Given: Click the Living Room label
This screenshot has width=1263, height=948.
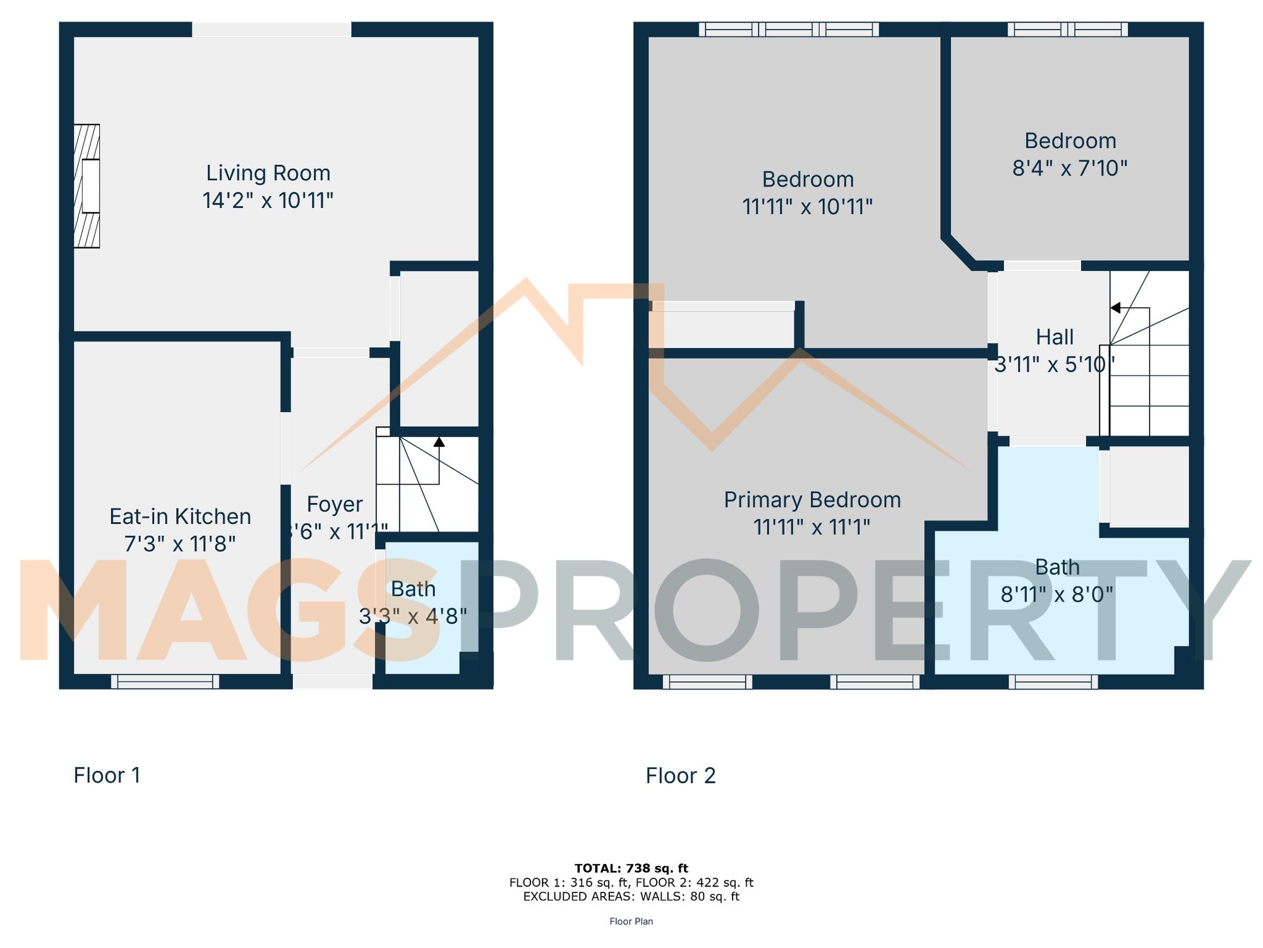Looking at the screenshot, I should [268, 173].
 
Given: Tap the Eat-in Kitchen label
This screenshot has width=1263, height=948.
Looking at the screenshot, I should [180, 516].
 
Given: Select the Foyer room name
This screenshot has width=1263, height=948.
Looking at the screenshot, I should [334, 504].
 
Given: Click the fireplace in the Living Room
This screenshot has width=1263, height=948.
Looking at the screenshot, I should [87, 186].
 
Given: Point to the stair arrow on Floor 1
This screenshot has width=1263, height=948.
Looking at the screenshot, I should [439, 442].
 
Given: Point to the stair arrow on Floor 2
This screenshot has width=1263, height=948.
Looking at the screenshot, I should [1115, 308].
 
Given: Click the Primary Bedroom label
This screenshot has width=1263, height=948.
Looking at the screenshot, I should [812, 500].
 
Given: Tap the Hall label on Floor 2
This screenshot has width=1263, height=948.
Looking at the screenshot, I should [1055, 337].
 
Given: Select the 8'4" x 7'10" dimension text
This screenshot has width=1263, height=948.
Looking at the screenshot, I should [1070, 169].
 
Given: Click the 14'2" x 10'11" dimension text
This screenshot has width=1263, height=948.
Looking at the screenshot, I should [268, 201].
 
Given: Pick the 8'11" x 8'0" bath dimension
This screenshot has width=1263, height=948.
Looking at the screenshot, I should [1056, 595].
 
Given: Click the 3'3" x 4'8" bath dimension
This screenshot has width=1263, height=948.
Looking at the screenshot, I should [413, 616].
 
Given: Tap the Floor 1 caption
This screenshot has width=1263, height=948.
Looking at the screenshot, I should [107, 775].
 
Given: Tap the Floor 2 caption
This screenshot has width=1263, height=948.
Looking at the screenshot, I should [680, 775].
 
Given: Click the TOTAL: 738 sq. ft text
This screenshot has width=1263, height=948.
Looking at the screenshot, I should [631, 868].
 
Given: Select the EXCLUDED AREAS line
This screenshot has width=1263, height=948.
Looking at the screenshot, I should [631, 896].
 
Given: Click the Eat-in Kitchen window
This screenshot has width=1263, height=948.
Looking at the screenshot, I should [165, 681].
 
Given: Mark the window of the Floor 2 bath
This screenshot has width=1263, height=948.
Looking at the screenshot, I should [1053, 681].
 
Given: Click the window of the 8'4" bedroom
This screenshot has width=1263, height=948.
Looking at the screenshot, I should [1067, 29].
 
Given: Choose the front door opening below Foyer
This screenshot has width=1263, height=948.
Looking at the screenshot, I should [333, 681].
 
